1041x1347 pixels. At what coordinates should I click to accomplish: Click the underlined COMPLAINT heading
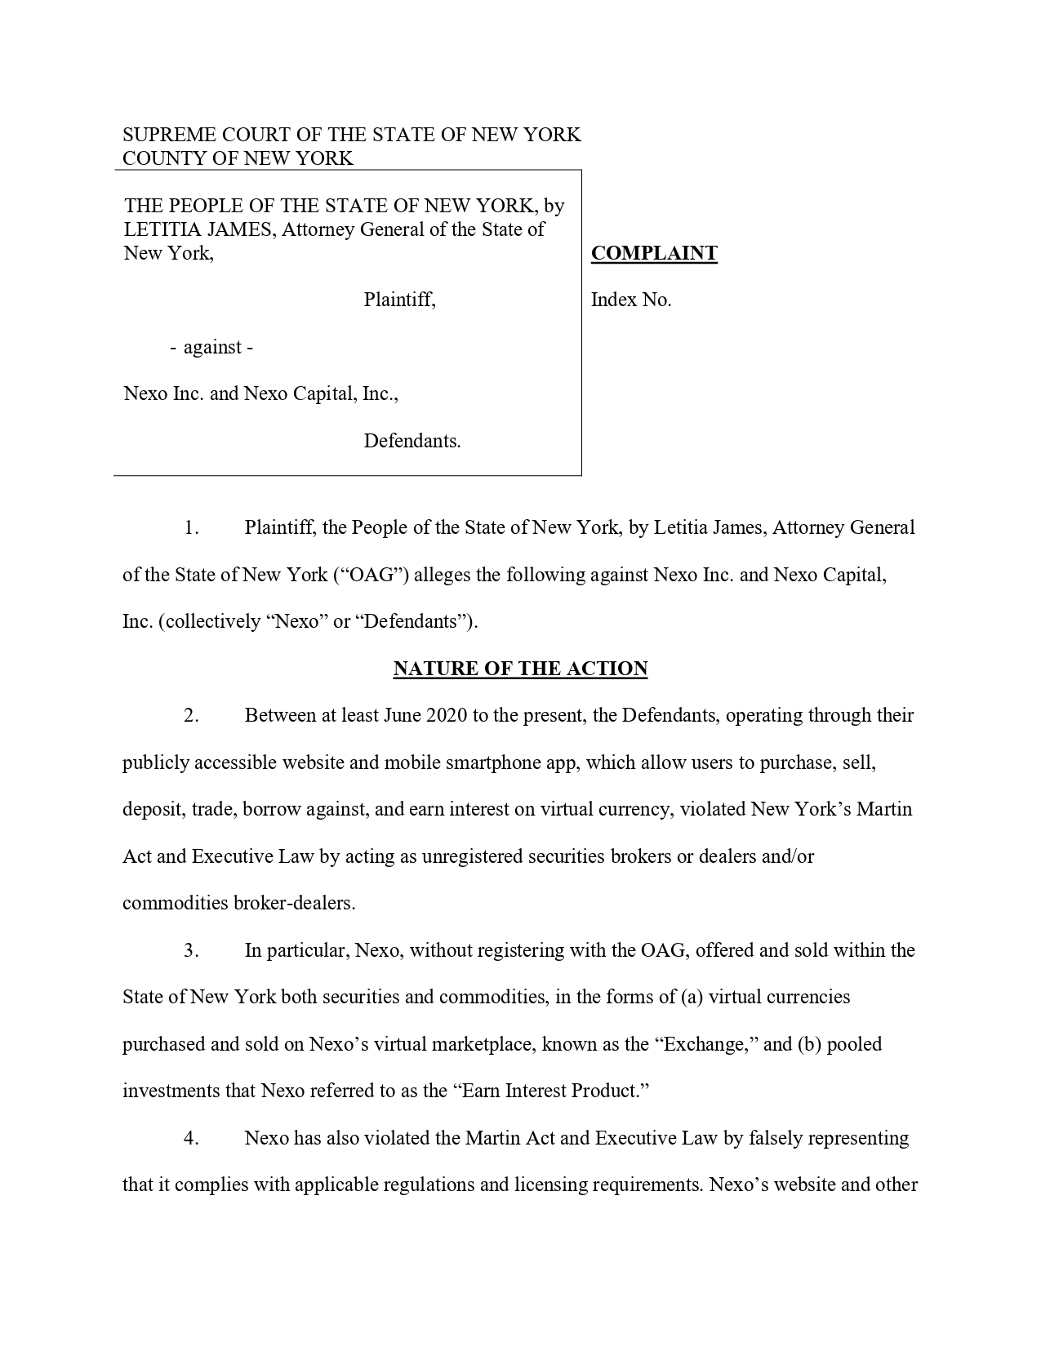(654, 253)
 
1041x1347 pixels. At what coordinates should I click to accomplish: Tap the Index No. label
(631, 300)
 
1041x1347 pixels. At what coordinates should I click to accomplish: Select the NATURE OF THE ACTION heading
(520, 669)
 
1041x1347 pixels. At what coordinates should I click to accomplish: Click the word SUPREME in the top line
(162, 135)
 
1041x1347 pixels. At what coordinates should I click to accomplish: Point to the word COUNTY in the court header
(154, 158)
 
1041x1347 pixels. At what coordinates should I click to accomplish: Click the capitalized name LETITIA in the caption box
(156, 229)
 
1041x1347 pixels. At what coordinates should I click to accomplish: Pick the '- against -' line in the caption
(211, 348)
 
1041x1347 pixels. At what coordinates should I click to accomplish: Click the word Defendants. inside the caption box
(412, 442)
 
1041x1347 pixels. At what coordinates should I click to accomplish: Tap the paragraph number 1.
(192, 528)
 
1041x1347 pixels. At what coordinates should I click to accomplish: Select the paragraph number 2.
(192, 716)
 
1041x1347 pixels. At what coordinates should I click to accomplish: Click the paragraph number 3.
(192, 951)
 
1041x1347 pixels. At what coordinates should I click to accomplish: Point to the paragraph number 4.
(192, 1139)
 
